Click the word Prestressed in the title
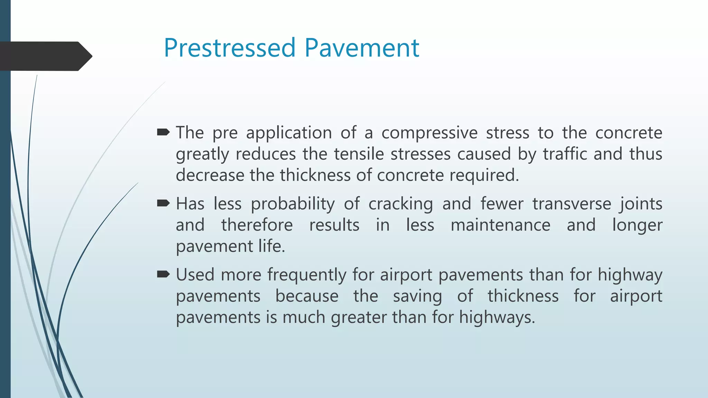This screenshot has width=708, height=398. (x=230, y=48)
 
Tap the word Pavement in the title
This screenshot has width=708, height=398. (x=362, y=48)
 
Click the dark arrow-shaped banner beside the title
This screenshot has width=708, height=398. (x=45, y=56)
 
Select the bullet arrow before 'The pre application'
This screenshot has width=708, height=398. (x=163, y=132)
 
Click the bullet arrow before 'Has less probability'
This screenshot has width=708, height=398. (x=163, y=203)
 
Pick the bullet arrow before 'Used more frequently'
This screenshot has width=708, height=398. (x=163, y=274)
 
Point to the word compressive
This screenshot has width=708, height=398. (x=429, y=133)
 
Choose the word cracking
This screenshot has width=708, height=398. (x=400, y=204)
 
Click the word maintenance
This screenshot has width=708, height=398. (x=500, y=225)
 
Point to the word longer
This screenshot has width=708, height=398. (x=637, y=225)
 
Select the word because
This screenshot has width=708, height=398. (x=307, y=296)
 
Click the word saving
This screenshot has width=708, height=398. (x=417, y=296)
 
